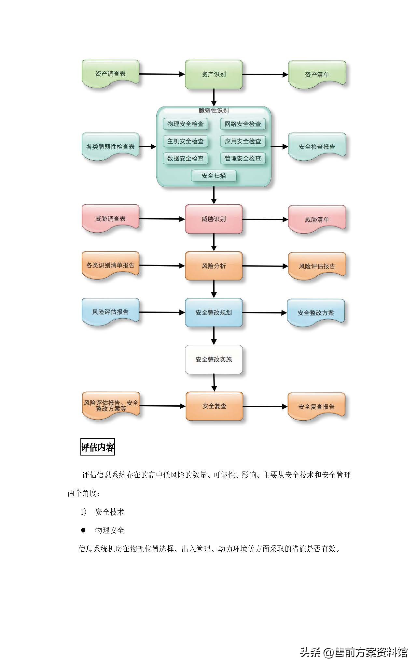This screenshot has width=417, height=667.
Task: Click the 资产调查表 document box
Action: click(x=110, y=74)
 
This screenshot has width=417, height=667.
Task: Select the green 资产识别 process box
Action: click(x=214, y=74)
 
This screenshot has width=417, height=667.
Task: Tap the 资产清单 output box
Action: click(x=317, y=75)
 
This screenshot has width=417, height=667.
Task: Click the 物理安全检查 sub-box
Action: click(x=185, y=124)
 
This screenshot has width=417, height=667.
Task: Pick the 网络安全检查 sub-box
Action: click(x=243, y=124)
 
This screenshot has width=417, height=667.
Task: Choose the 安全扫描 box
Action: click(x=214, y=176)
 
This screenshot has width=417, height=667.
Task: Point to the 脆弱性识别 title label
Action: click(x=214, y=110)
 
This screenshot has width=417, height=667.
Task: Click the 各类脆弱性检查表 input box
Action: click(x=110, y=147)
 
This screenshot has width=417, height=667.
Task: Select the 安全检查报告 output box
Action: click(x=317, y=147)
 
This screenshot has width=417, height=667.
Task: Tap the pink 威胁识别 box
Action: click(x=214, y=219)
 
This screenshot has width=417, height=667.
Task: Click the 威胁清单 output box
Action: click(x=317, y=219)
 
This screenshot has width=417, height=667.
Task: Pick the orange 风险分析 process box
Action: click(x=214, y=266)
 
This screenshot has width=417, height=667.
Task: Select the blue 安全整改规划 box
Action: click(x=214, y=312)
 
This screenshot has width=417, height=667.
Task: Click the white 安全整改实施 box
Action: click(x=214, y=359)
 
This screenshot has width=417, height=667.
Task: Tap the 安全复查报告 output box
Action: click(x=316, y=406)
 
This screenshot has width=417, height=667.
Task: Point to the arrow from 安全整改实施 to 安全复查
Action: click(x=214, y=383)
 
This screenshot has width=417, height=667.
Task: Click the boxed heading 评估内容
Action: click(x=98, y=447)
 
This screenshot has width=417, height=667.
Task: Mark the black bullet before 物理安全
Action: click(x=83, y=530)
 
